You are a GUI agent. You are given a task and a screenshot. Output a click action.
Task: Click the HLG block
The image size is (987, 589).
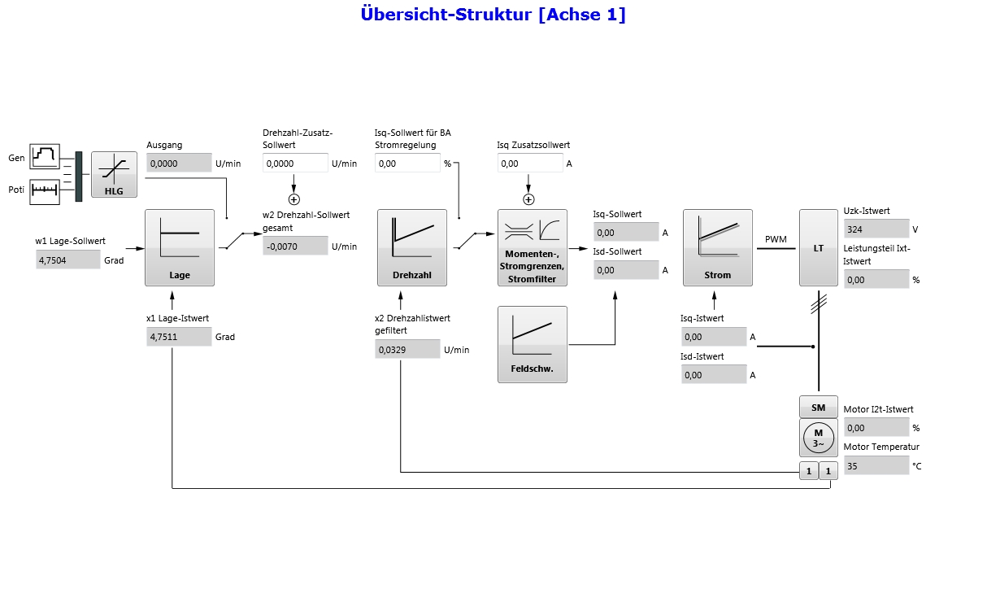pyautogui.click(x=114, y=174)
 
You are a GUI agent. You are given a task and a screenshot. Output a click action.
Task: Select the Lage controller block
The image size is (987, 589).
pyautogui.click(x=180, y=247)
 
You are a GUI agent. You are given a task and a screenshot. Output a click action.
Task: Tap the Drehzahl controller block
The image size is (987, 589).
pyautogui.click(x=412, y=247)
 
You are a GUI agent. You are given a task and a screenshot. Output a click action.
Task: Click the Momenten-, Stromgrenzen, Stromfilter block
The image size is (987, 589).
pyautogui.click(x=532, y=247)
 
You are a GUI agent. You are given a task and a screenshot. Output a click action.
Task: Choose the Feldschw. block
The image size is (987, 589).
pyautogui.click(x=532, y=343)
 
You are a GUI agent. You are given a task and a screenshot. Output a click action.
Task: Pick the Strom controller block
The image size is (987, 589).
pyautogui.click(x=717, y=247)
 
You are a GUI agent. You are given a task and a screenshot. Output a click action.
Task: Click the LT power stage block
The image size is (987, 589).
pyautogui.click(x=818, y=247)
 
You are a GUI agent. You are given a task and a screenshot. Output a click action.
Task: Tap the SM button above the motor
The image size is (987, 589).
pyautogui.click(x=818, y=407)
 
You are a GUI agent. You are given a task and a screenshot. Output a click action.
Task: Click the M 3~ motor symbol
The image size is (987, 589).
pyautogui.click(x=818, y=438)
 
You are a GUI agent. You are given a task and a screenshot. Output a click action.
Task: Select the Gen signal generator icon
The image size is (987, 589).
pyautogui.click(x=46, y=156)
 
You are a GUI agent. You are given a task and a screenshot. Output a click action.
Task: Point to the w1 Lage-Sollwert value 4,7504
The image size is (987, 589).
pyautogui.click(x=68, y=260)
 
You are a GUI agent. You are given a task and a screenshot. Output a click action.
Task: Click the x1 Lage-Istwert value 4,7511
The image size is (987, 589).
pyautogui.click(x=179, y=336)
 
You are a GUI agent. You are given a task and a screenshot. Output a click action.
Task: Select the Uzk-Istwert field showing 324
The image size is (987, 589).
pyautogui.click(x=876, y=229)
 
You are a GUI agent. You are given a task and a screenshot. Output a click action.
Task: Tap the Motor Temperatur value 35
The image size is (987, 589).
pyautogui.click(x=876, y=465)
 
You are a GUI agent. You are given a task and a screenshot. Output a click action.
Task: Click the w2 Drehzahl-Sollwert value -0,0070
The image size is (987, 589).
pyautogui.click(x=295, y=246)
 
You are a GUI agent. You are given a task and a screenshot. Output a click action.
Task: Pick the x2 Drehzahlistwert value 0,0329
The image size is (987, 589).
pyautogui.click(x=407, y=350)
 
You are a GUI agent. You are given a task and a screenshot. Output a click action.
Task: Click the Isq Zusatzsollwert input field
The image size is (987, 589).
pyautogui.click(x=529, y=163)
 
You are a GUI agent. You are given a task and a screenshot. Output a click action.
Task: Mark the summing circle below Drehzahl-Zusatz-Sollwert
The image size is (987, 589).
pyautogui.click(x=294, y=199)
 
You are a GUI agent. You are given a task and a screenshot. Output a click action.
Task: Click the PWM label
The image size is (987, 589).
pyautogui.click(x=776, y=239)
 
